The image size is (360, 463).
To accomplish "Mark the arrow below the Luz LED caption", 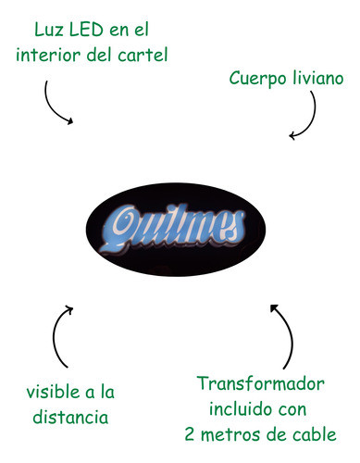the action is (58, 104).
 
